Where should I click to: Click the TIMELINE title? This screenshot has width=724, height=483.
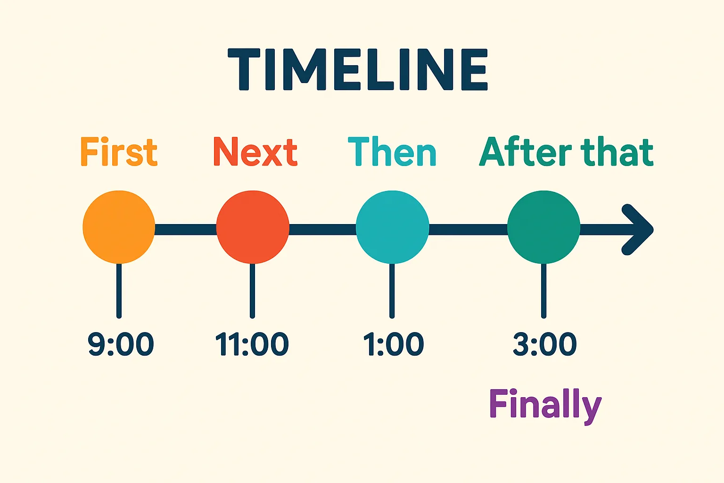(358, 69)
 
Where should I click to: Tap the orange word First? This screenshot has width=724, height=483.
(118, 152)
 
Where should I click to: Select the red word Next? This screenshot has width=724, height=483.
(255, 152)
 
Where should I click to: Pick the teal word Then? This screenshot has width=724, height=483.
(392, 152)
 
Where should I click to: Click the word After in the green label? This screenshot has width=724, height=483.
(526, 152)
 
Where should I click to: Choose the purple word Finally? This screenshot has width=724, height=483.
(545, 405)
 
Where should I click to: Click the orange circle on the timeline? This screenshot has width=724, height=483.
(119, 227)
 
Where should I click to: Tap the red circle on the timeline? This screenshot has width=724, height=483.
(253, 227)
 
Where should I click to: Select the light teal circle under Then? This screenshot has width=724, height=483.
(392, 227)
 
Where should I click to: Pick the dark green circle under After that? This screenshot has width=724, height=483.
(543, 227)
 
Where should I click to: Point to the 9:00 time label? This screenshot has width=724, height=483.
(121, 344)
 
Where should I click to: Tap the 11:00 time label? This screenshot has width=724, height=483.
(252, 344)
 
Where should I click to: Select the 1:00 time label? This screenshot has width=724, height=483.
(394, 344)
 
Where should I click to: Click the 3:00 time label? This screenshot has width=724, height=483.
(545, 344)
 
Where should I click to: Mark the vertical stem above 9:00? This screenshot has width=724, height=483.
(119, 290)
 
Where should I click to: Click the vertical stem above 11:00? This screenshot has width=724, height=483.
(253, 290)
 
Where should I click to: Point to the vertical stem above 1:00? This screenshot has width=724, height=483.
(392, 290)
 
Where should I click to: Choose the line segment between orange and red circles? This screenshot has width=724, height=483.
(185, 230)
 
